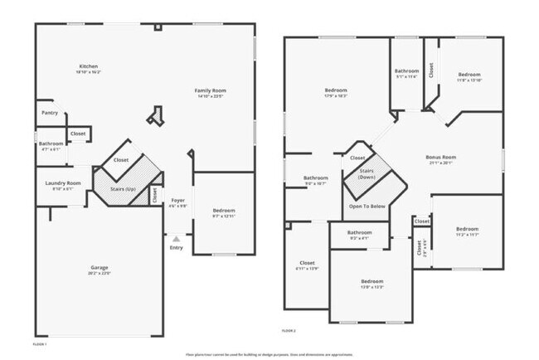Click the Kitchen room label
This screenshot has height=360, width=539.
(89, 66)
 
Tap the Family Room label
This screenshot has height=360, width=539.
(211, 90)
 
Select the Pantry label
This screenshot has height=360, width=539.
(50, 113)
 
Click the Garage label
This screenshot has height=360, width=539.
(100, 267)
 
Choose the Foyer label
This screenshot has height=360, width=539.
(177, 201)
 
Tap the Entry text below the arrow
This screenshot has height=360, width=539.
(177, 247)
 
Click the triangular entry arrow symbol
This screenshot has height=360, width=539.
(176, 238)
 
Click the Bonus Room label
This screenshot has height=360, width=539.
(441, 157)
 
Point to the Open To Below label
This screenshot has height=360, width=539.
(367, 206)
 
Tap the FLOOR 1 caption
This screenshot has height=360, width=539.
(40, 343)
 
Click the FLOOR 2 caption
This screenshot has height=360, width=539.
(289, 330)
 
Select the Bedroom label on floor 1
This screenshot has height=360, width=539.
(224, 211)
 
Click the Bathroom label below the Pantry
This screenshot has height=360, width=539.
(51, 144)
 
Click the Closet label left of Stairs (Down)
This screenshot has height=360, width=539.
(357, 158)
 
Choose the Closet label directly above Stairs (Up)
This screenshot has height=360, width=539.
(121, 160)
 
